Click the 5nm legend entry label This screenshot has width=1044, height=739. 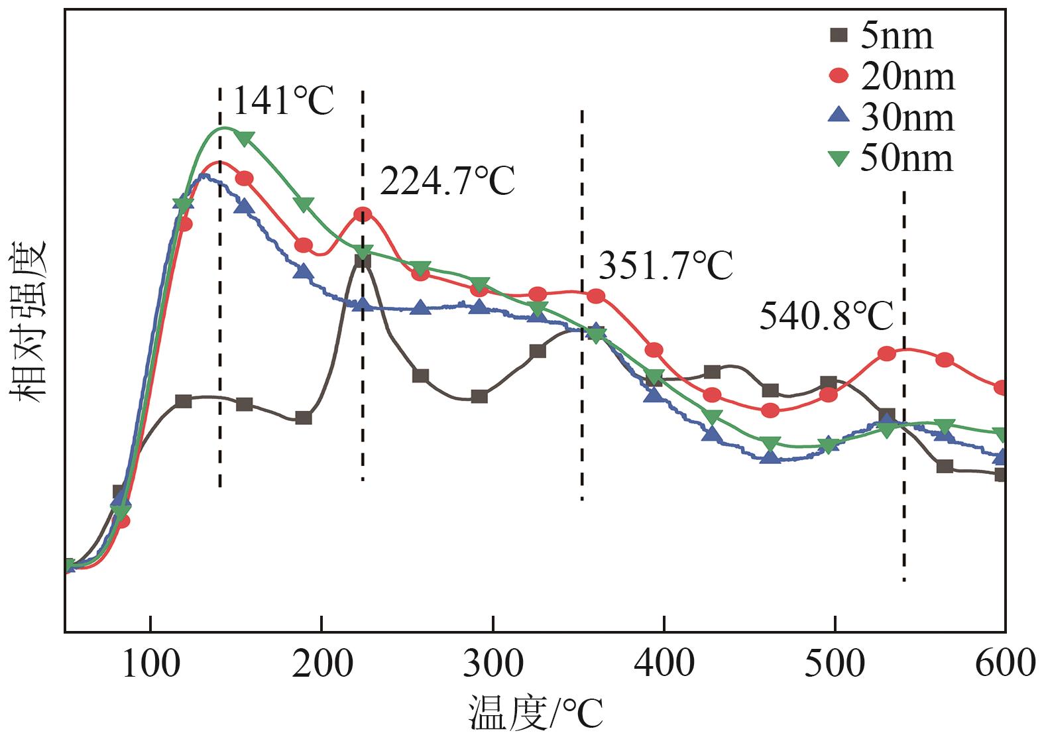click(897, 36)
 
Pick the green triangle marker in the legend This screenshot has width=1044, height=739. click(839, 158)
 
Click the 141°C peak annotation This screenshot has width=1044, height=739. click(283, 101)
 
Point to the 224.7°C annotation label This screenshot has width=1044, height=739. click(447, 181)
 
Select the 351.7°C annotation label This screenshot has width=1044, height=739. click(666, 265)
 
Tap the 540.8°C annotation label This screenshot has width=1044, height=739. click(826, 316)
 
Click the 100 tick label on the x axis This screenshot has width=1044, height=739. click(151, 663)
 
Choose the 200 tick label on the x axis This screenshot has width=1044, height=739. click(322, 663)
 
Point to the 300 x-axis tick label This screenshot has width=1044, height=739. click(493, 663)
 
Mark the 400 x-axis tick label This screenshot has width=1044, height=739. click(664, 663)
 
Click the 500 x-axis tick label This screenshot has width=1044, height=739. click(835, 663)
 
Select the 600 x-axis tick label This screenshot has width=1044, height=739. click(1005, 663)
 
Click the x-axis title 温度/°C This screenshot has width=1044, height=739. click(536, 714)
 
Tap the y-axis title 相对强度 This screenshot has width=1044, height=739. click(28, 321)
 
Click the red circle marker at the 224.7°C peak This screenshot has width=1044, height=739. click(363, 214)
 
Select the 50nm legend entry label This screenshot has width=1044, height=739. click(907, 158)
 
